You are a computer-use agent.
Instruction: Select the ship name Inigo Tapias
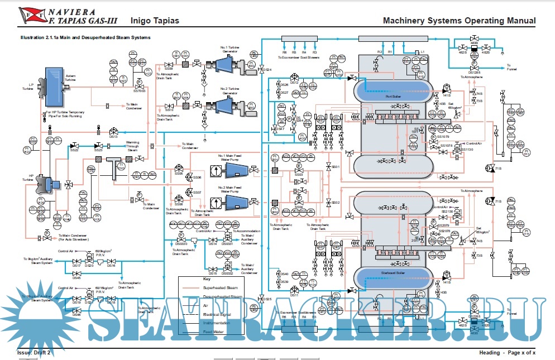155,21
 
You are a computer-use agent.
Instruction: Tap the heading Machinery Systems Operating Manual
459,21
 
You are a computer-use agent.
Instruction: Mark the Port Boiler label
393,96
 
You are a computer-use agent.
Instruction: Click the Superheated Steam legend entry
225,287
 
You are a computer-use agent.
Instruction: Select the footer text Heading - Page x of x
507,353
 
